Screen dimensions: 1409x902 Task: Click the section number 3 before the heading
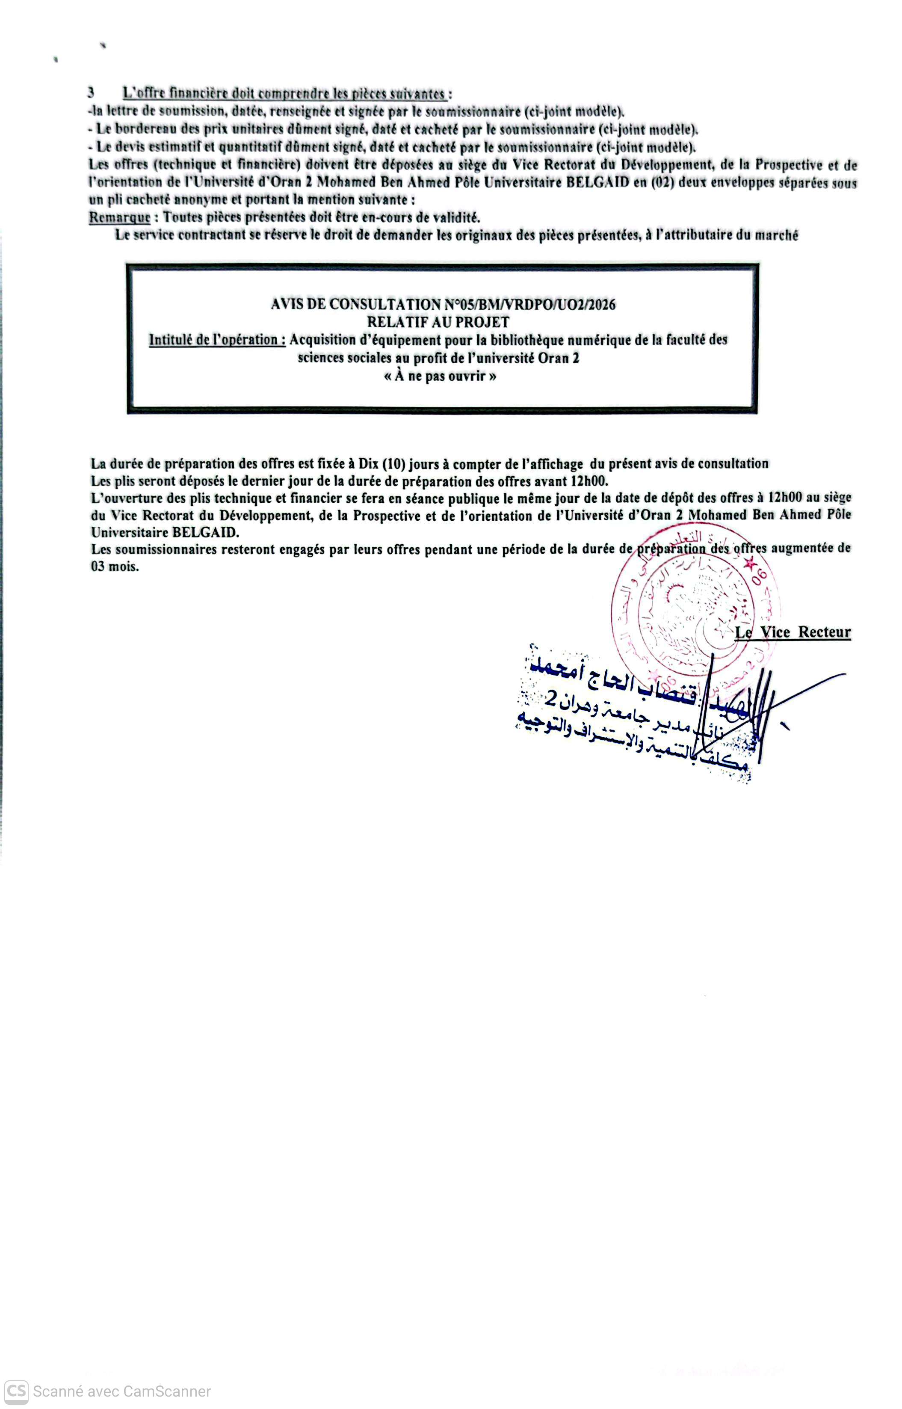pos(91,92)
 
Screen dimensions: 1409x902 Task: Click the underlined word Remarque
pos(119,217)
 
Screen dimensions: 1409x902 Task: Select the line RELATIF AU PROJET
pos(438,322)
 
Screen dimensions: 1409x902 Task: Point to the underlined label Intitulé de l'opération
pos(217,340)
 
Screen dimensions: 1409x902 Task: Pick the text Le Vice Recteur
pos(793,632)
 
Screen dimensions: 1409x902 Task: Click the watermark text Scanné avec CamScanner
pos(121,1391)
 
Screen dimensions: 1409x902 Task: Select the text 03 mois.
pos(115,567)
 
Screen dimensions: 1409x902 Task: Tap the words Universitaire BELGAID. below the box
pos(165,533)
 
